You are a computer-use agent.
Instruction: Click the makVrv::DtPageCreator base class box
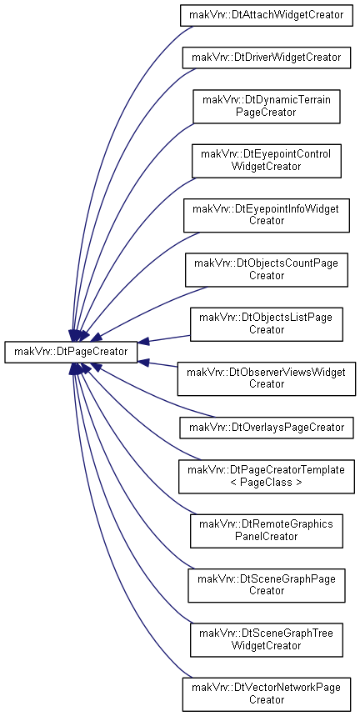click(x=71, y=352)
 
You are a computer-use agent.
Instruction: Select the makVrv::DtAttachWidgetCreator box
click(x=267, y=15)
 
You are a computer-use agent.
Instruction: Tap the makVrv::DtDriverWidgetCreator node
click(x=267, y=58)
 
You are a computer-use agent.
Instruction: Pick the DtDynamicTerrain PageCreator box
click(x=267, y=107)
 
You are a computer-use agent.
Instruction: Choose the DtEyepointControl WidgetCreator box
click(x=267, y=161)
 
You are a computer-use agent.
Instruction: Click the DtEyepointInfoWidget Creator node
click(x=267, y=216)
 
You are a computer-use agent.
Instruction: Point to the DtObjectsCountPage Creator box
click(x=267, y=270)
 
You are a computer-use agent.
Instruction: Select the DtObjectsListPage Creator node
click(x=267, y=324)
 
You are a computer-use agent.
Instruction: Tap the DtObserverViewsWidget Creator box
click(x=267, y=378)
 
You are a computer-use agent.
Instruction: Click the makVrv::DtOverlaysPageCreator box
click(x=267, y=428)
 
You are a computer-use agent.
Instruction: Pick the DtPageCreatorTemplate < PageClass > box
click(x=267, y=476)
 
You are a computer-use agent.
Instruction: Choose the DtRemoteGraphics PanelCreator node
click(x=267, y=531)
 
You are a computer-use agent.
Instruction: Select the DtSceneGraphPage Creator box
click(x=267, y=585)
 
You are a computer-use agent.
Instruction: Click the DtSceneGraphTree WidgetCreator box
click(x=267, y=640)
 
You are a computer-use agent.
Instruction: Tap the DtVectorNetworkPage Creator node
click(x=267, y=694)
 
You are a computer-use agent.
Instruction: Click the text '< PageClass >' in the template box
click(x=267, y=483)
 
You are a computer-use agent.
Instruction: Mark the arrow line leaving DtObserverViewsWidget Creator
click(x=157, y=363)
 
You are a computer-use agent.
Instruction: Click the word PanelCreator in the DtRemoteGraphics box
click(x=267, y=536)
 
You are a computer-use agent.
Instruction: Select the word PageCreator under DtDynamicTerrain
click(x=267, y=113)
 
